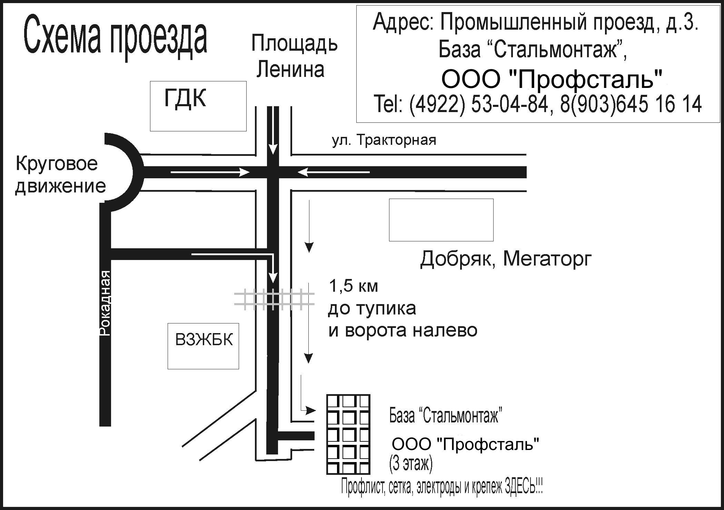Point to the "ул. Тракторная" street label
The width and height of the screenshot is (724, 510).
(384, 140)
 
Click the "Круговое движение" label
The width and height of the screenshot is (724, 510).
(60, 175)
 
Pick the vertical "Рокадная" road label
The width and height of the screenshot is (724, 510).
(105, 303)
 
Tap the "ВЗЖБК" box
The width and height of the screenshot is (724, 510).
(204, 346)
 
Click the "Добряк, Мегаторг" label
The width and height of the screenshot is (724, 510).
(506, 259)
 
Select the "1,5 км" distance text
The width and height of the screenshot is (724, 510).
(354, 286)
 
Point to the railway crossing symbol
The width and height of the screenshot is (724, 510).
(274, 299)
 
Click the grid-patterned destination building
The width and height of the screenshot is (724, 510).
(348, 434)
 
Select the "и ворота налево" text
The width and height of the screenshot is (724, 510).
(403, 330)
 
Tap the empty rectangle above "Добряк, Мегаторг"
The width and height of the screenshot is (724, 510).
(441, 220)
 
